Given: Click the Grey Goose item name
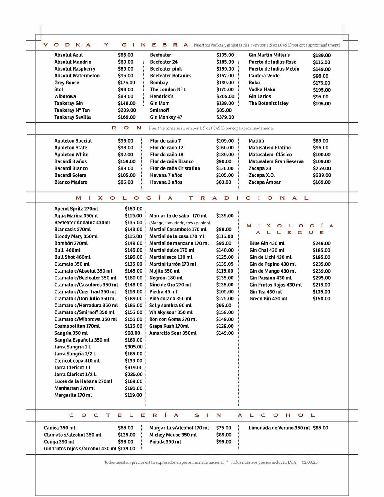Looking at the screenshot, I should (x=67, y=83).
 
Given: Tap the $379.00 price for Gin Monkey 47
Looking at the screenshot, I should (x=225, y=117).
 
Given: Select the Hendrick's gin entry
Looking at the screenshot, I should (x=162, y=96).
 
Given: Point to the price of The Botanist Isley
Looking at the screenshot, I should (x=322, y=104).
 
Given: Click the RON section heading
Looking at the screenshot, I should (x=126, y=128).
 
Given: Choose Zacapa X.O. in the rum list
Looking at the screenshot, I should (x=262, y=175).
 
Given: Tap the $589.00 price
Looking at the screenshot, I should (x=322, y=175).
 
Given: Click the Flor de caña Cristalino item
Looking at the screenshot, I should (x=175, y=168).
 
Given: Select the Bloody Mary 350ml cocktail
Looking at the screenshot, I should (x=76, y=236).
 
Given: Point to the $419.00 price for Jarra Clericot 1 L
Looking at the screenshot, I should (x=133, y=368).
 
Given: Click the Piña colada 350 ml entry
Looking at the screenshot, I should (x=170, y=299).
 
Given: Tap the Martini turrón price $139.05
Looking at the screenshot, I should (x=225, y=264).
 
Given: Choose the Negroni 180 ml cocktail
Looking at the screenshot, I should (x=166, y=278).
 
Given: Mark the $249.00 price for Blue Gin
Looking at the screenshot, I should (x=322, y=243).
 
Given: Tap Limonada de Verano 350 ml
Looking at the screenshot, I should (x=279, y=428).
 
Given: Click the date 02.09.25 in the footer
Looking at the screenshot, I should (x=310, y=462).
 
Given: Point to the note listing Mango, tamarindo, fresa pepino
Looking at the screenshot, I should (x=180, y=223).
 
